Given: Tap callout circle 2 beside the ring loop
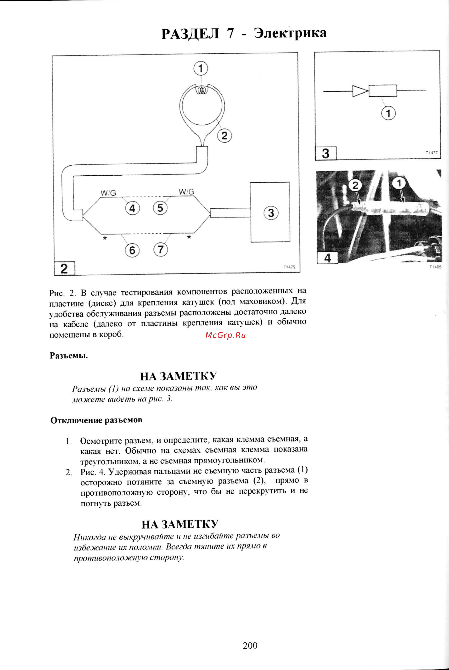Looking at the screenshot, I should [x=224, y=135].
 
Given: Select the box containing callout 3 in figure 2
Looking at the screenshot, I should [x=270, y=212].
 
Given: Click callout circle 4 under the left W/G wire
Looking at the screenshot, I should [x=132, y=208].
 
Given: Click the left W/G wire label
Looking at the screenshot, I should [x=108, y=193].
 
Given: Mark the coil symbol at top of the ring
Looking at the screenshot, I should [x=202, y=91].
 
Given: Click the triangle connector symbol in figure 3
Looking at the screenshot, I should [x=360, y=91].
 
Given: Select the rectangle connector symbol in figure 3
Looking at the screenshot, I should [x=382, y=91].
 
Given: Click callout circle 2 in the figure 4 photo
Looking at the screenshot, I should [x=355, y=186].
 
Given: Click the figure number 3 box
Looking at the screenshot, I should [x=326, y=153].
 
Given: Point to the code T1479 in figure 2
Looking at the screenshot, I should [x=289, y=267].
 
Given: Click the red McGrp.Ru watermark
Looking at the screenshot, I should [x=225, y=335].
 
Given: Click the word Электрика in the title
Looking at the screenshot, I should [x=290, y=33].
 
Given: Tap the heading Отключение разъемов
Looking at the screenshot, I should [x=96, y=420].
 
